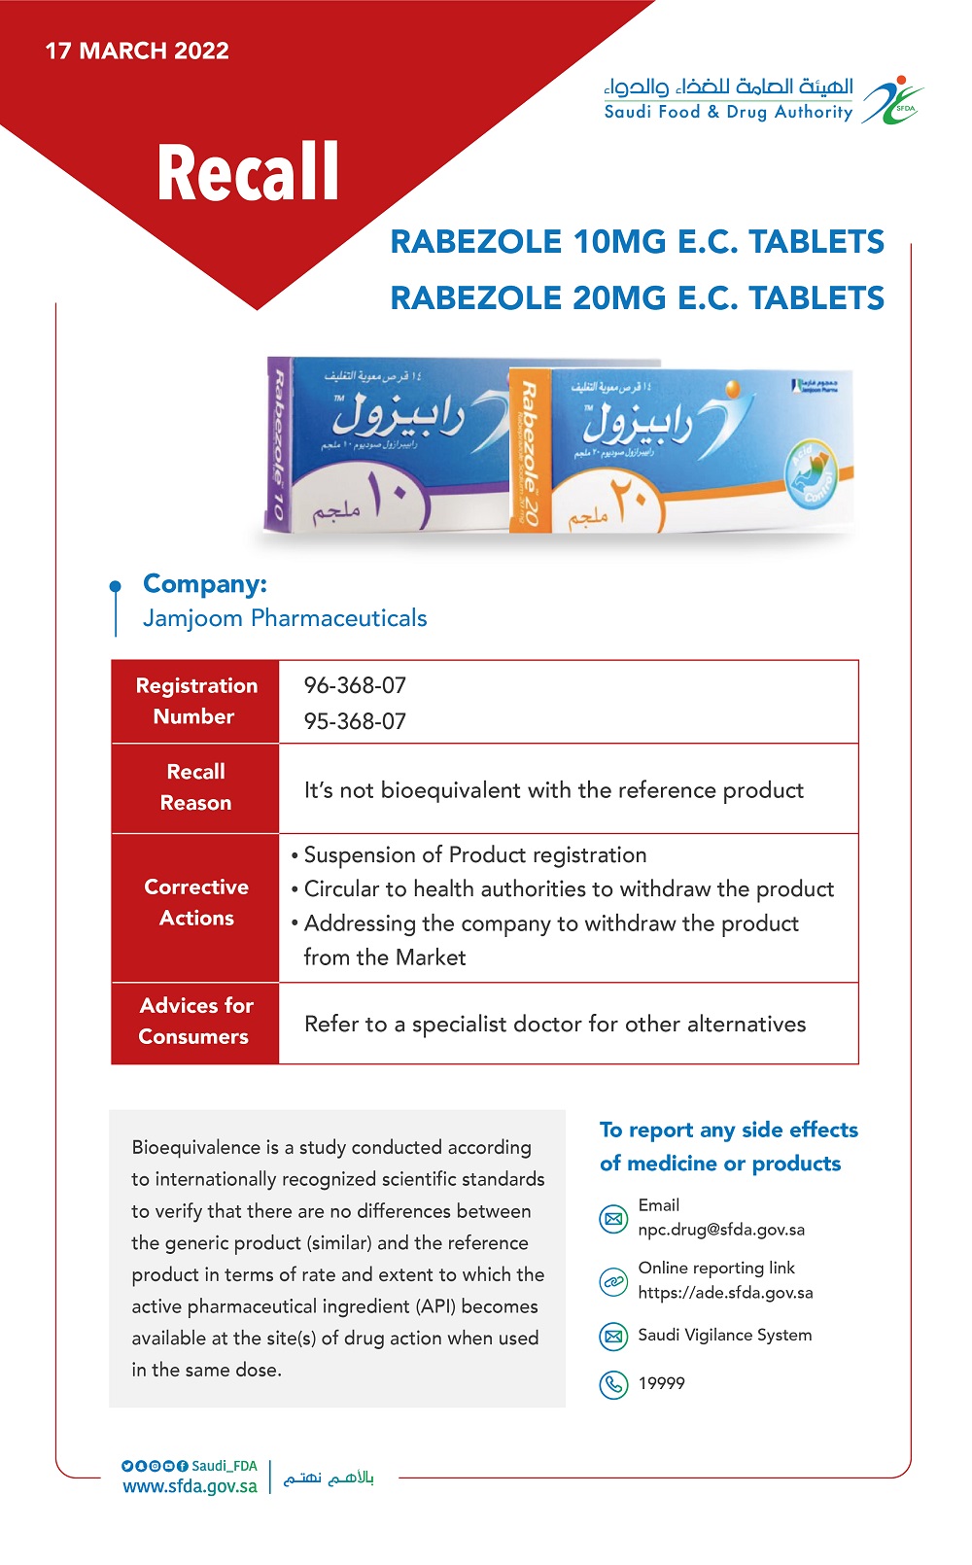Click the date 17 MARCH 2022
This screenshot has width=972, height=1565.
tap(137, 51)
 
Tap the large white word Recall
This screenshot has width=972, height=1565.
tap(248, 173)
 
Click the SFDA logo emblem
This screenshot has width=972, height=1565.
tap(893, 101)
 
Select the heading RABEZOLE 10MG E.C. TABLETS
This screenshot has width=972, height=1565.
tap(637, 242)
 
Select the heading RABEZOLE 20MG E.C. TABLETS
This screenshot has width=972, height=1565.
tap(637, 298)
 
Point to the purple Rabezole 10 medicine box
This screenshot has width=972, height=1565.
tap(389, 443)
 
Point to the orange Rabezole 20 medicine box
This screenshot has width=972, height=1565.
tap(680, 449)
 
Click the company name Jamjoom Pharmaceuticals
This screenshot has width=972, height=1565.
tap(285, 618)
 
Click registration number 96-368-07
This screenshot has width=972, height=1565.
tap(355, 685)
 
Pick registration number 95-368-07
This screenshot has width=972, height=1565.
tap(355, 721)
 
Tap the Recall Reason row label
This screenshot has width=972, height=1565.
tap(195, 787)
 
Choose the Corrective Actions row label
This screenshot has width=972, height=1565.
tap(195, 902)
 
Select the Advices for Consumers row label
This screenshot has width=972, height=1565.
tap(195, 1021)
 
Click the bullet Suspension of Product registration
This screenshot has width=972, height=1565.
tap(474, 855)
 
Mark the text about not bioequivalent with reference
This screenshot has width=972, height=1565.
tap(554, 790)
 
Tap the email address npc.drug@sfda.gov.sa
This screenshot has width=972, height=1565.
tap(721, 1230)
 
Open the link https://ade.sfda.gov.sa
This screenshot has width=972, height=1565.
tap(725, 1293)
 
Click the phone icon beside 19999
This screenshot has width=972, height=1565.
tap(613, 1383)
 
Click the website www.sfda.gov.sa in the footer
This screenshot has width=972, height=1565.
tap(190, 1486)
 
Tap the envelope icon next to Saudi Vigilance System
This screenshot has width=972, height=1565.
tap(613, 1336)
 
